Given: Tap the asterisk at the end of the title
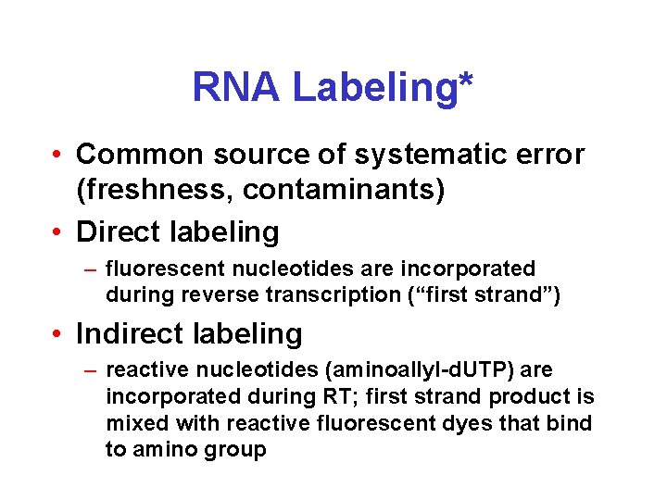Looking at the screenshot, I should [465, 81].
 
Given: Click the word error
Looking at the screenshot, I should [552, 154].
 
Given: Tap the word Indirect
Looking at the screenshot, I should [131, 332].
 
